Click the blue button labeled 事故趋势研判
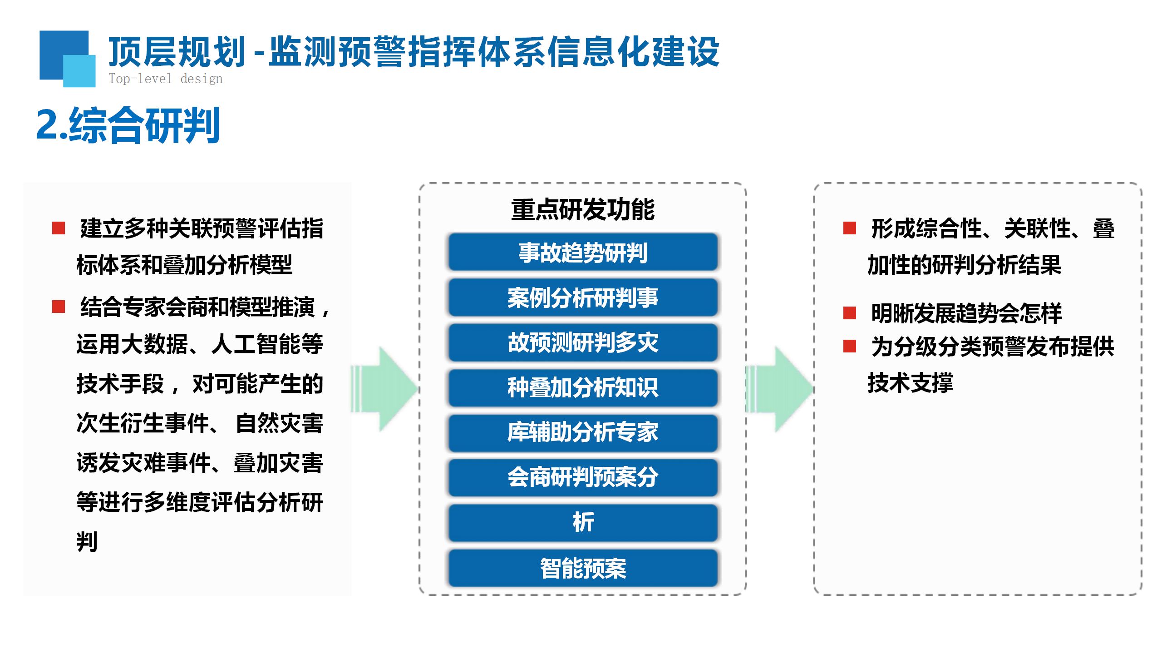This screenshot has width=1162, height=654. (583, 253)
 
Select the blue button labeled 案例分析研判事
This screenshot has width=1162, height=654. (583, 297)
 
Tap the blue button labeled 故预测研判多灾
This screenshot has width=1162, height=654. (583, 342)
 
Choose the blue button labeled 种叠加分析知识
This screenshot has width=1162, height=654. (583, 387)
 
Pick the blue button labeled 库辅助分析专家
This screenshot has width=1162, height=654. (583, 432)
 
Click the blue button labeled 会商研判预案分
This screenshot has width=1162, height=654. (583, 477)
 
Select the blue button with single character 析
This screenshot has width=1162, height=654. (583, 522)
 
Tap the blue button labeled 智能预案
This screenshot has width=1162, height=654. (583, 568)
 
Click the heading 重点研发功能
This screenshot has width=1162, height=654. (583, 210)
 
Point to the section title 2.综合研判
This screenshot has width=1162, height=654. (128, 125)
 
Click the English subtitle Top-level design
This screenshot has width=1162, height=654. (166, 79)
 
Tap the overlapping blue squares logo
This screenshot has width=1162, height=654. (67, 58)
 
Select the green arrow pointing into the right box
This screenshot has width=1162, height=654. (780, 389)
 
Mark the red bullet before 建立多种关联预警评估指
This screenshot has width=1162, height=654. (59, 228)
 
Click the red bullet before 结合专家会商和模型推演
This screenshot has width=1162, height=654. (59, 307)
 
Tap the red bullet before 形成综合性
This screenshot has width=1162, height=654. (849, 228)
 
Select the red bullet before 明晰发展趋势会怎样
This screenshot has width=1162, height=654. (849, 313)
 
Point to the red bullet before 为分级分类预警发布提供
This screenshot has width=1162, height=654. (849, 347)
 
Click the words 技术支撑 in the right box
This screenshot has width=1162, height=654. (910, 382)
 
